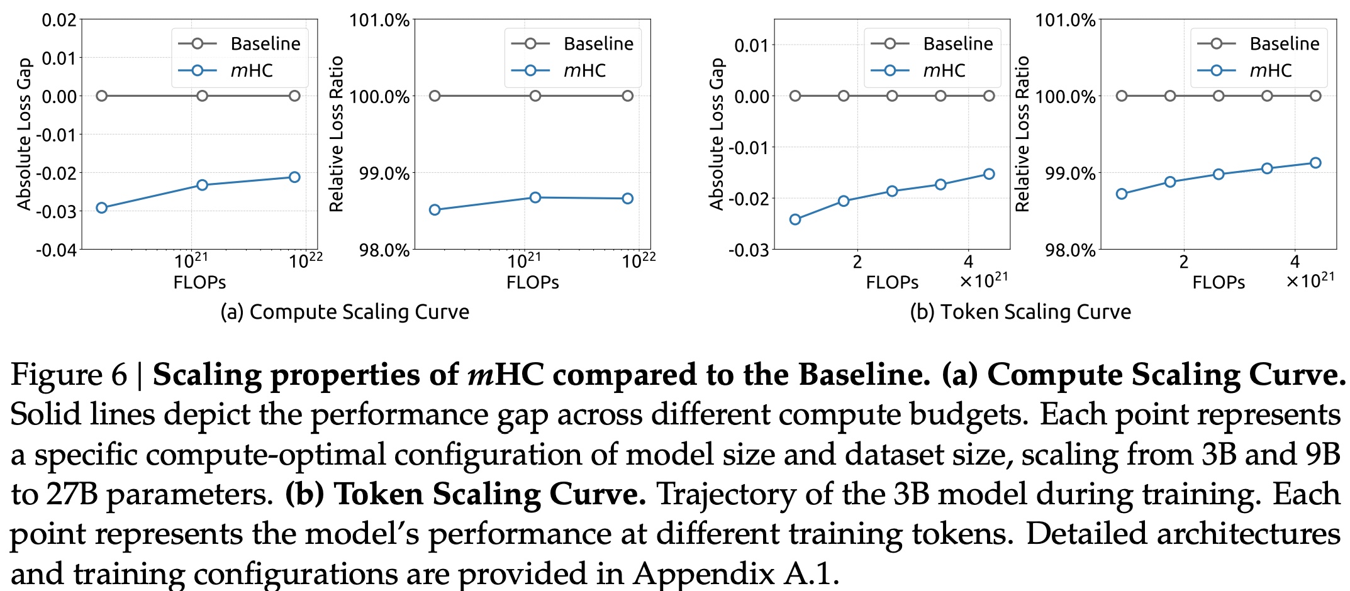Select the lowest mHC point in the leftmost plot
click(x=101, y=207)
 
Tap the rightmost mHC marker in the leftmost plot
click(x=294, y=177)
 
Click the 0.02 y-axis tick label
click(x=59, y=20)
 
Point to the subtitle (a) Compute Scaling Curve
click(x=345, y=312)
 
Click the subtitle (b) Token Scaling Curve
click(x=1020, y=312)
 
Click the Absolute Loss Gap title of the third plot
click(x=717, y=134)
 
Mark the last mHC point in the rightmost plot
click(x=1315, y=163)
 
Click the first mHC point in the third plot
click(x=795, y=219)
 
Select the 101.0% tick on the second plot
click(x=379, y=20)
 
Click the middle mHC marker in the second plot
click(x=535, y=197)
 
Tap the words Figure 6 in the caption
click(x=69, y=375)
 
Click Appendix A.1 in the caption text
click(x=736, y=573)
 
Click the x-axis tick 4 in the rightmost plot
click(x=1295, y=262)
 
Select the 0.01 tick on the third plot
click(x=752, y=45)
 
